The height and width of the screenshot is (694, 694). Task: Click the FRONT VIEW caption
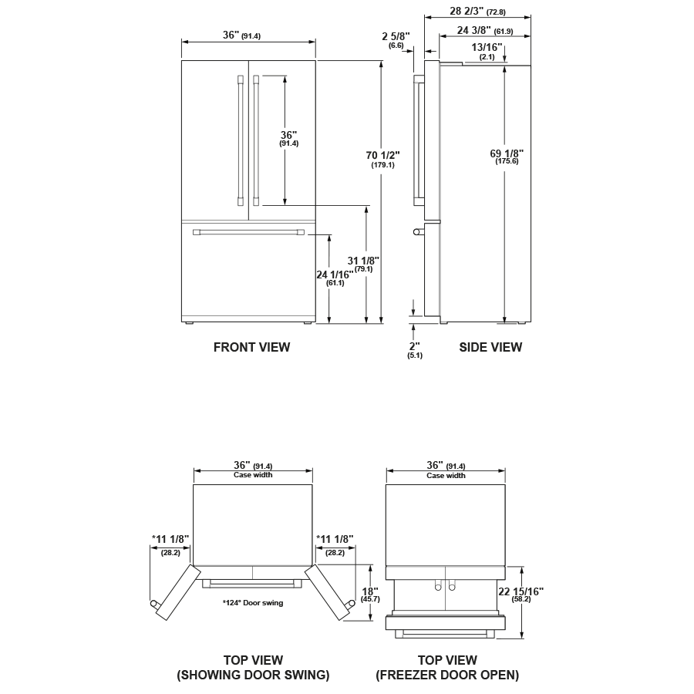[251, 347]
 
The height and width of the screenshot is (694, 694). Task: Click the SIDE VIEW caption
[490, 347]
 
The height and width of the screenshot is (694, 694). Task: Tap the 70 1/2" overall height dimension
[382, 156]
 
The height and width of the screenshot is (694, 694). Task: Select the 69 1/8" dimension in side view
[506, 153]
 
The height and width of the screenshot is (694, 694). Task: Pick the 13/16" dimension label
[487, 47]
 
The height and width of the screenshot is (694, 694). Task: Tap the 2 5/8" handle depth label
[396, 36]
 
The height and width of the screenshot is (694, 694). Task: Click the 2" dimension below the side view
[415, 346]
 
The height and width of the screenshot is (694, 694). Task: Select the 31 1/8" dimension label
[364, 261]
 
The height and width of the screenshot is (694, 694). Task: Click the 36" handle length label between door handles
[289, 135]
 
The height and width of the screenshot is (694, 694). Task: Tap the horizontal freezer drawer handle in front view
[248, 231]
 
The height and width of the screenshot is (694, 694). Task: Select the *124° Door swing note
[252, 603]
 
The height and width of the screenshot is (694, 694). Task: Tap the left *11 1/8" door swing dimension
[170, 539]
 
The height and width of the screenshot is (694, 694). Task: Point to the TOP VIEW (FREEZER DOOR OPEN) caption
[447, 668]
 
